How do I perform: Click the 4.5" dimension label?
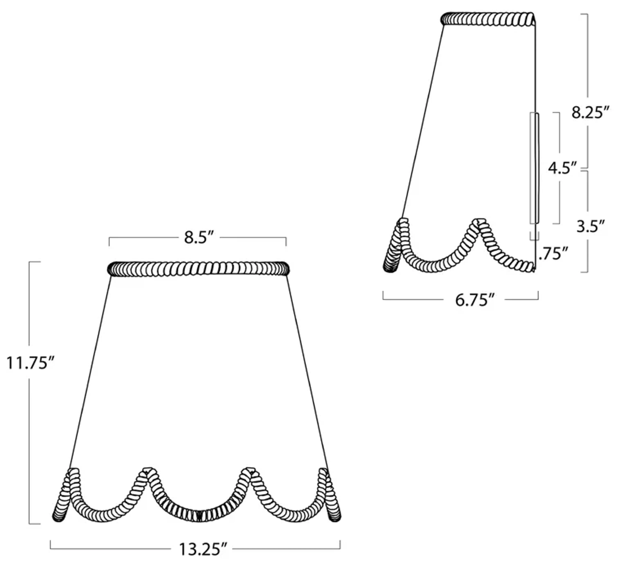(562, 168)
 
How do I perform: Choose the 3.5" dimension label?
(590, 227)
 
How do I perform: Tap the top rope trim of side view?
(488, 19)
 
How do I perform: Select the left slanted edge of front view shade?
(90, 372)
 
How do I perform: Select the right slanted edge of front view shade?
(307, 372)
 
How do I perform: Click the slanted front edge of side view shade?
(423, 122)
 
